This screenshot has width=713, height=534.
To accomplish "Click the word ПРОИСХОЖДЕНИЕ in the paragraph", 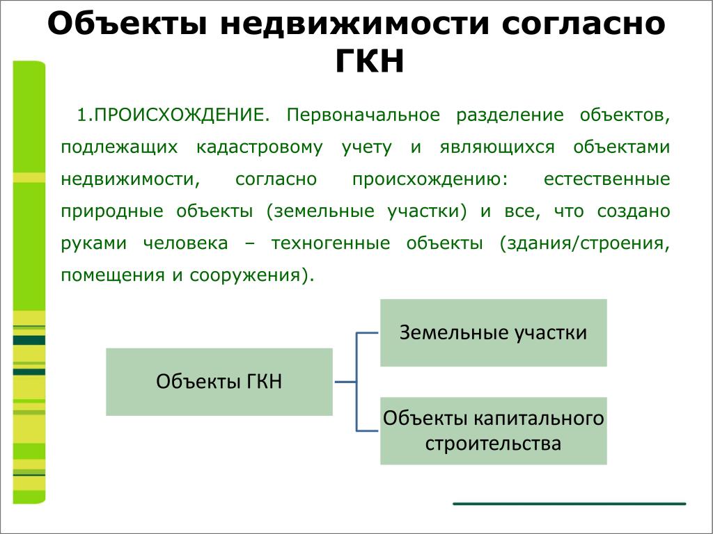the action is pos(179,115).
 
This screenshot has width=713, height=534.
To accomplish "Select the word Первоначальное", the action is pos(363,115).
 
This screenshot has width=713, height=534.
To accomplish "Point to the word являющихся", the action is pos(497,148).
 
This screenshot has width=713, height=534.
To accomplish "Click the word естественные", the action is pos(606,179).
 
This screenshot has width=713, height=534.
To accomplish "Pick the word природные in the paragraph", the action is pos(112,212).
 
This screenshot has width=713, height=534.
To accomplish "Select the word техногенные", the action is pos(331,243).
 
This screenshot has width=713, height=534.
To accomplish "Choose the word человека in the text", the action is pos(185,243).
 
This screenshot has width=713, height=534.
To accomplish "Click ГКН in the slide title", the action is pos(370,61).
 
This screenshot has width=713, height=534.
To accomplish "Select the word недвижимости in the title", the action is pos(354,24).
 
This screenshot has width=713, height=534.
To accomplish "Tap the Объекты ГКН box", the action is pos(219,382).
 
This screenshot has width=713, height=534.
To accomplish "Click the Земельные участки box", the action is pos(494,333).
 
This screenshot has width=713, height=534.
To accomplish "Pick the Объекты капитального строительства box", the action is pos(494,431).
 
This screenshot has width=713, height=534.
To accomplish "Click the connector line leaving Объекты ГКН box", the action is pos(345,382).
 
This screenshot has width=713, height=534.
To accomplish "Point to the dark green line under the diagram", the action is pos(570,503).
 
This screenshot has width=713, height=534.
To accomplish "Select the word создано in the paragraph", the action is pos(634,211).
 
